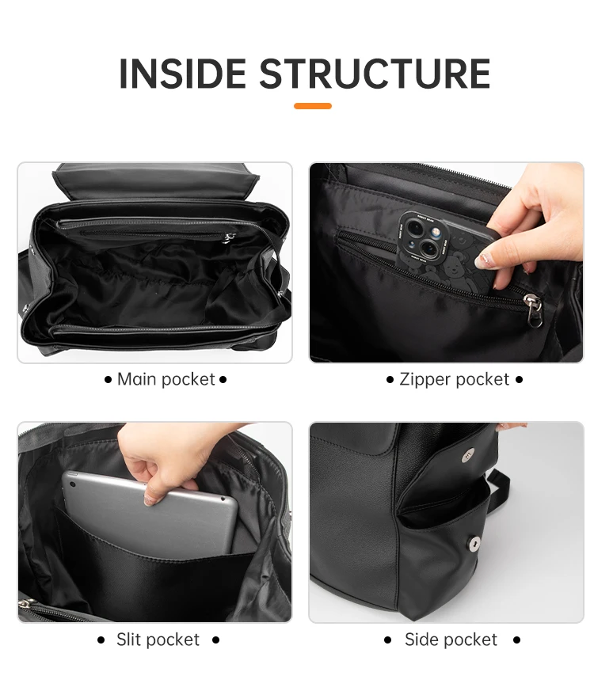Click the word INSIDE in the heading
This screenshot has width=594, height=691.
point(184,74)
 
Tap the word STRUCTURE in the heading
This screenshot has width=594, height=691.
point(375,74)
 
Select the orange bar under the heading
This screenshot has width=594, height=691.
point(313,106)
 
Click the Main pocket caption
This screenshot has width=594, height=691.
point(166,380)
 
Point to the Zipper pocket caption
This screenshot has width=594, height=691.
point(454,380)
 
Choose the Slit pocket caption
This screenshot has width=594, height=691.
point(158,640)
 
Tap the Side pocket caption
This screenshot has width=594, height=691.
point(451,640)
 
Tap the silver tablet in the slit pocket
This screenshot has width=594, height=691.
point(150,507)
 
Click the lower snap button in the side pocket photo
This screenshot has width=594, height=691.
point(474,544)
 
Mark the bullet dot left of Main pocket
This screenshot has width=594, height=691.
point(108,380)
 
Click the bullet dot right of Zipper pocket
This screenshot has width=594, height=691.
point(519,380)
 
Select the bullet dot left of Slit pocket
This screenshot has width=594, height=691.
point(101,640)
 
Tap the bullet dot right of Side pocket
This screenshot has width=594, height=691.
point(516,640)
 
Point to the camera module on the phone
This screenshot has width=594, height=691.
point(421,237)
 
